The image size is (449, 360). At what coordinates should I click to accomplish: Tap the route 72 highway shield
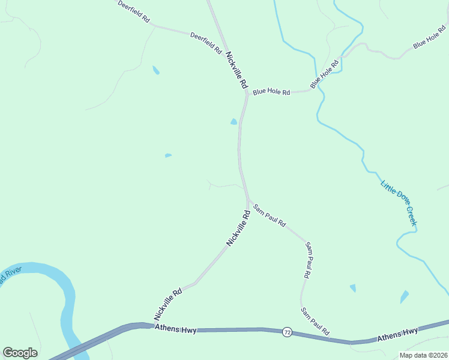[288, 332]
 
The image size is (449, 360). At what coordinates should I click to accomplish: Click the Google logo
[20, 353]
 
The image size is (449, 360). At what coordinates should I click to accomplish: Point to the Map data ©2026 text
[423, 355]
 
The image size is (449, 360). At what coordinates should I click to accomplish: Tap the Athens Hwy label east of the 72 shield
[397, 334]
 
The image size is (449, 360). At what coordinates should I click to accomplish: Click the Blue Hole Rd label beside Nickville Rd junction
[271, 92]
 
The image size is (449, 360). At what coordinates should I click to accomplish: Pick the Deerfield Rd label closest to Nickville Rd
[206, 44]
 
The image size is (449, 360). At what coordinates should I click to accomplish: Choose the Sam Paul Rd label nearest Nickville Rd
[269, 215]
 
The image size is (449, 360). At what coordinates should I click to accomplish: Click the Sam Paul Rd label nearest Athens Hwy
[315, 322]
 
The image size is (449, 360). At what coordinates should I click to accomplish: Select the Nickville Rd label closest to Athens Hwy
[167, 305]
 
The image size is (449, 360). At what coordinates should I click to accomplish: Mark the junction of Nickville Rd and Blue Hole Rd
[247, 94]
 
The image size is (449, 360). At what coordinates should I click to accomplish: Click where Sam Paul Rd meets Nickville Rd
[248, 201]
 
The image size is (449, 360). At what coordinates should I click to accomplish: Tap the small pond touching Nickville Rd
[234, 122]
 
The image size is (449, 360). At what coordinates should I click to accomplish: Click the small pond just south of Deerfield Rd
[156, 70]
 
